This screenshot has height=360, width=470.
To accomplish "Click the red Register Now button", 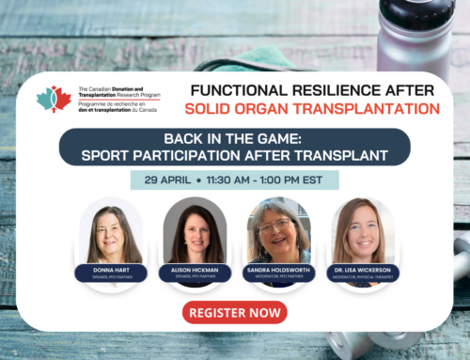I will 234,312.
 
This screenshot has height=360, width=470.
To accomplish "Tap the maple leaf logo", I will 53,98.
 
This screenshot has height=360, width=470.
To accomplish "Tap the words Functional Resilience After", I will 313,90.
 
